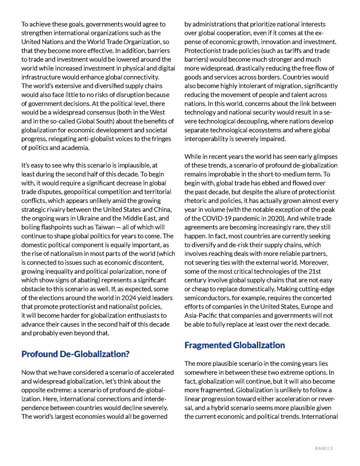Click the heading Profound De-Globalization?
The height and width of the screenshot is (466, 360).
[75, 354]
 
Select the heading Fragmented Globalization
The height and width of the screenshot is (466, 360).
[235, 345]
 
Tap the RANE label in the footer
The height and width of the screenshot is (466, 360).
[321, 449]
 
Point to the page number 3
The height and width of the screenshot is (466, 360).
[331, 449]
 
